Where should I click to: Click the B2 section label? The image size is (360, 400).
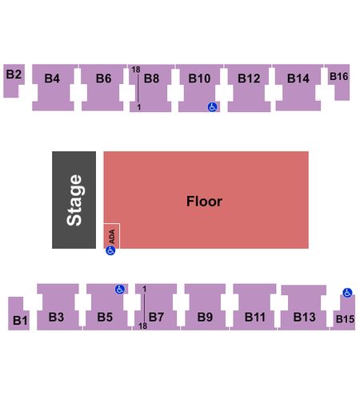(14, 74)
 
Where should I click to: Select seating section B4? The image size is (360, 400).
(54, 87)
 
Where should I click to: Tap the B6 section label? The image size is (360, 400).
(103, 78)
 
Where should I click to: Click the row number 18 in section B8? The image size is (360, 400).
(136, 70)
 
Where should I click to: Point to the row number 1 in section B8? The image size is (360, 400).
(139, 107)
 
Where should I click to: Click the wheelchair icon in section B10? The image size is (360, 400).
(212, 107)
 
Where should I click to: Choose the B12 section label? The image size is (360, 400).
(249, 78)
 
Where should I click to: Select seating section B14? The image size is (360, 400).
(298, 87)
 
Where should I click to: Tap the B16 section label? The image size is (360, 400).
(339, 77)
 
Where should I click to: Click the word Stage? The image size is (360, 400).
(74, 200)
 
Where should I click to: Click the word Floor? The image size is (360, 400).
(204, 201)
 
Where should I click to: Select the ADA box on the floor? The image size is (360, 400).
(112, 236)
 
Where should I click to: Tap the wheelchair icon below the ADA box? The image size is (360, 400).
(110, 250)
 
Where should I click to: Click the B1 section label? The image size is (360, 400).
(20, 320)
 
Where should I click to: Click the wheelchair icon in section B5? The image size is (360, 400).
(120, 289)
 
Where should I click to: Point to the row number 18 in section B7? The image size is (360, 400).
(142, 326)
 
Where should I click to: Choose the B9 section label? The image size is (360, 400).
(205, 317)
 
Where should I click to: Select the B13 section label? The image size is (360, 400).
(304, 317)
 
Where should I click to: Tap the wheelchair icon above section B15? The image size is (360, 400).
(347, 293)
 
